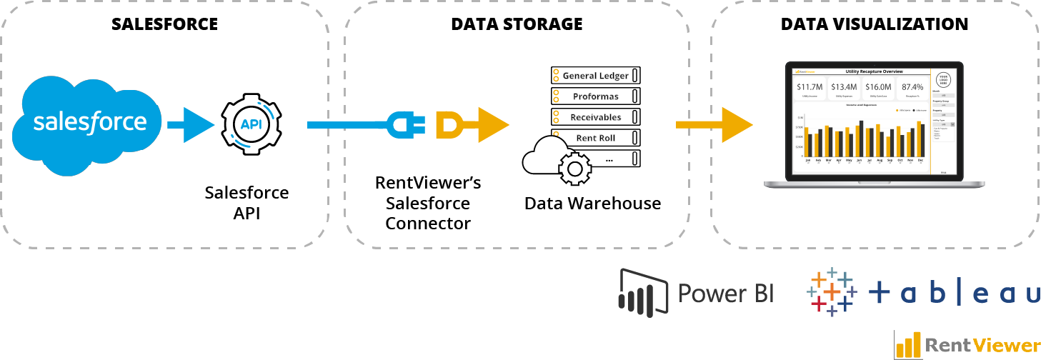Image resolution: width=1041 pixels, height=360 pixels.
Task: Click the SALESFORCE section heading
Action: pos(164,24)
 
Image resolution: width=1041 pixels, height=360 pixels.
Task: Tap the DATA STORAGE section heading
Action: pos(517,24)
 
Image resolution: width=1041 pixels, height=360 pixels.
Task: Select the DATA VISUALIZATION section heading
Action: pos(875,24)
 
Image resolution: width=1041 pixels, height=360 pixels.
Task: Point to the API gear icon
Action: pos(251,125)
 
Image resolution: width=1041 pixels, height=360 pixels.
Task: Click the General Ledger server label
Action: pos(595,76)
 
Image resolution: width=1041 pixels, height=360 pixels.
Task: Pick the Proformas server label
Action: pos(595,96)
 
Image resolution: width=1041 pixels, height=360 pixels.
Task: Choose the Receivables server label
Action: pos(595,117)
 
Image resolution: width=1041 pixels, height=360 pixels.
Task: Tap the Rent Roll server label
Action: pos(595,138)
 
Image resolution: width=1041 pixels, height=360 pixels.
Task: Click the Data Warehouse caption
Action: pos(592,204)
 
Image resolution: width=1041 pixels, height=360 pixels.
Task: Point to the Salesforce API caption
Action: pos(246,203)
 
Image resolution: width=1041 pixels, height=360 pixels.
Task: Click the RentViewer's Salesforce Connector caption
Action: pos(428,204)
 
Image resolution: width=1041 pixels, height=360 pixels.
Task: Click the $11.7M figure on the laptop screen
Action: pos(810,87)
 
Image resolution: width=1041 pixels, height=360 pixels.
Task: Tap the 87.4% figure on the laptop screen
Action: pos(912,87)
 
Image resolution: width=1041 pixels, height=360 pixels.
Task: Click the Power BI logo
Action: pos(696,292)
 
